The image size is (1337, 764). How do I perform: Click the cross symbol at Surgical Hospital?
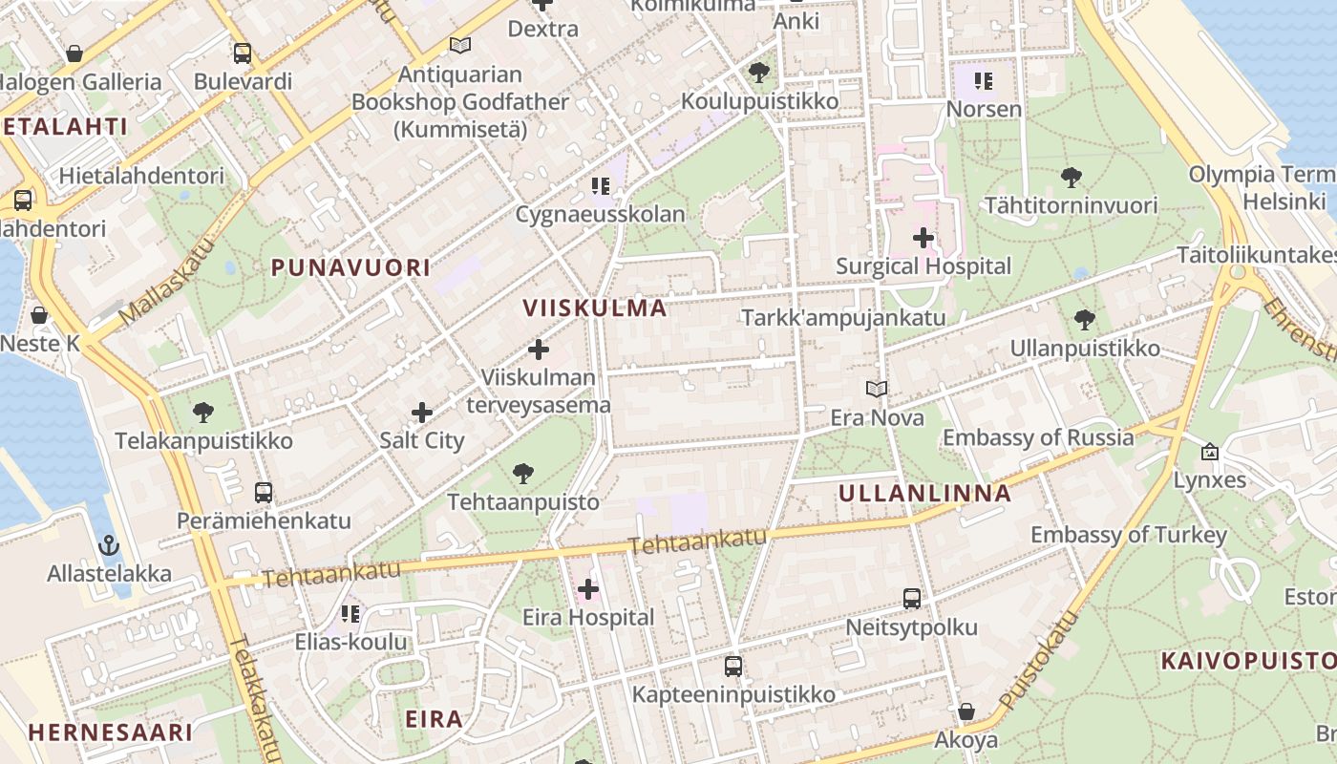pos(923,238)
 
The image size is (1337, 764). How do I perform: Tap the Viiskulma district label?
pos(595,308)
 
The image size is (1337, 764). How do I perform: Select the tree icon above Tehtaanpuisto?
pos(522,473)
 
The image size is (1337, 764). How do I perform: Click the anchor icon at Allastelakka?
pos(110,545)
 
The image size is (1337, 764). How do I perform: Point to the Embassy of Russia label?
pos(1038,437)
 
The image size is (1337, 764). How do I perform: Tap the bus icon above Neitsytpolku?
pos(912,599)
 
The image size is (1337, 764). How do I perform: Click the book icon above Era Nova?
pos(877,389)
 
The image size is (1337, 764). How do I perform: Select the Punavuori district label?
pos(351,267)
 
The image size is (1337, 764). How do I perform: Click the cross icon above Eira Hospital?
pos(588,589)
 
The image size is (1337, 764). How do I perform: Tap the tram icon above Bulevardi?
pos(243,53)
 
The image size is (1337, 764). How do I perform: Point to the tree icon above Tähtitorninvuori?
pos(1071,177)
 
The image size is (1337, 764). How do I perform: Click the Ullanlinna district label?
pos(924,494)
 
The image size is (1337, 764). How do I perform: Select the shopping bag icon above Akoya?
pos(966,711)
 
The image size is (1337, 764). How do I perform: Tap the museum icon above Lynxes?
pos(1210,452)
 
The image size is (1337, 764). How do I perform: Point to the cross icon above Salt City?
pos(422,413)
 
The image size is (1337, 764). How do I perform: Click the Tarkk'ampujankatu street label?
pos(843,317)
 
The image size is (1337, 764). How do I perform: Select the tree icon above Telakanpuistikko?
pos(202,413)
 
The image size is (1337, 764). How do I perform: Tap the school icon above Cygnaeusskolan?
pos(600,185)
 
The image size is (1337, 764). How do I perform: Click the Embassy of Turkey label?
pos(1128,535)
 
